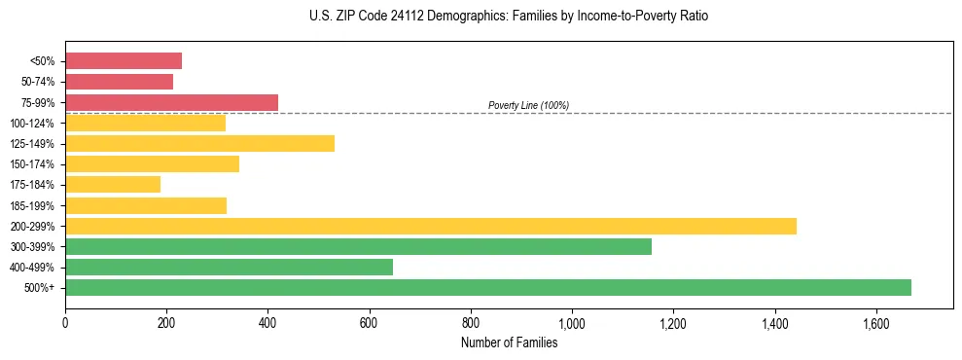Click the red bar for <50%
point(124,61)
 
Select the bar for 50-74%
point(119,82)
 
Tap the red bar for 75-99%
point(171,102)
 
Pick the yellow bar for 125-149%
point(199,144)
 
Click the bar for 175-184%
point(113,185)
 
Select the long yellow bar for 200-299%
point(431,226)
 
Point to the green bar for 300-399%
point(358,246)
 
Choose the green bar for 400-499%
point(229,267)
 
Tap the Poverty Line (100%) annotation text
point(528,105)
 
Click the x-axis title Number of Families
point(509,342)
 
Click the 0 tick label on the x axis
point(65,323)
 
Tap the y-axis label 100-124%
point(32,124)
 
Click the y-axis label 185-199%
point(32,205)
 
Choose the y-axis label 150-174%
point(32,164)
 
